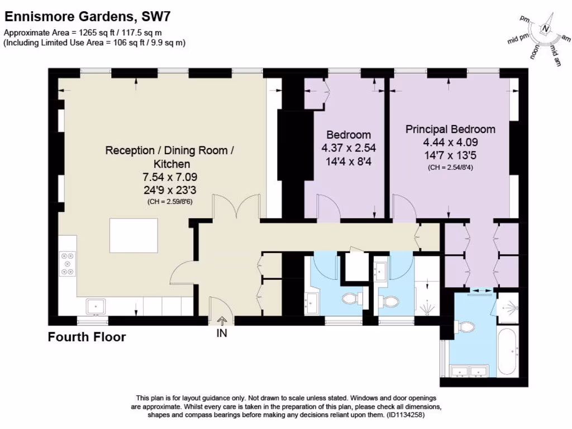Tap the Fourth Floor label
(x=87, y=337)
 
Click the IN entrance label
(x=221, y=333)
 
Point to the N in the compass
(x=546, y=30)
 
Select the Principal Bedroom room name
(x=450, y=130)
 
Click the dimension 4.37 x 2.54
(x=349, y=148)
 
